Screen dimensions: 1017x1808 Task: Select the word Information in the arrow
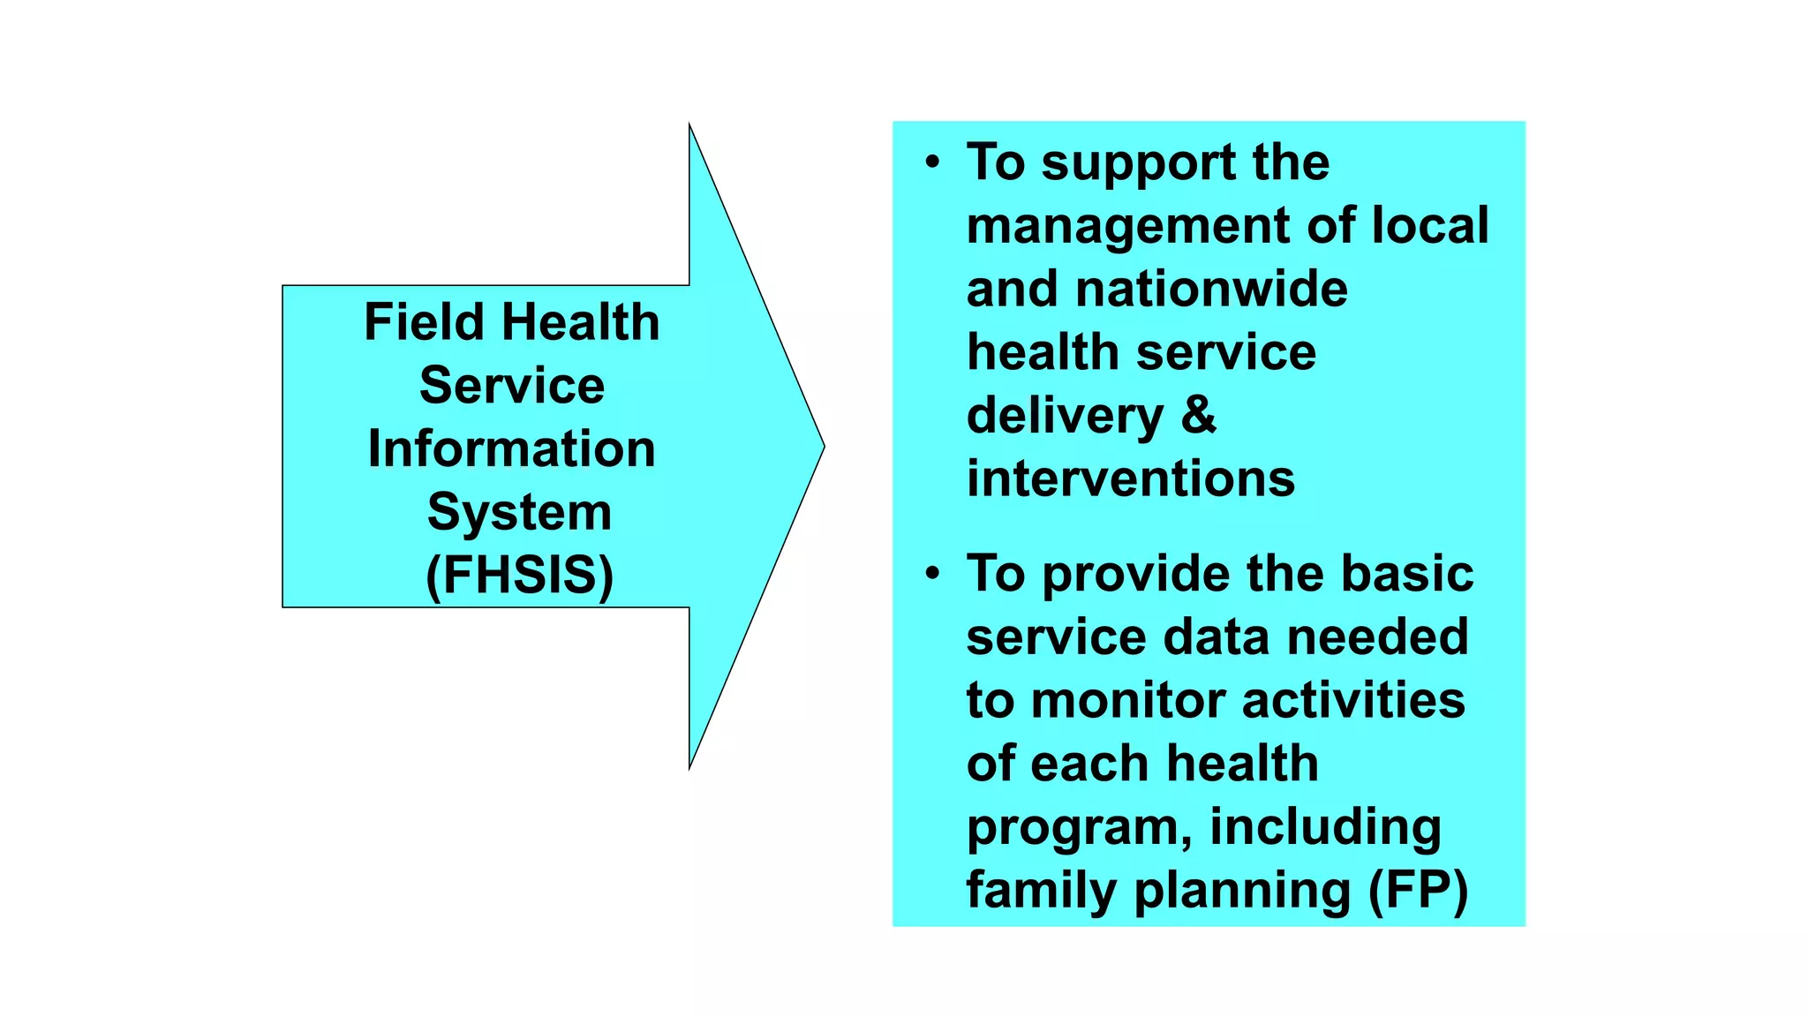click(511, 448)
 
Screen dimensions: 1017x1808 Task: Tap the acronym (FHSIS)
click(519, 576)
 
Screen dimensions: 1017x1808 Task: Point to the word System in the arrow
click(519, 512)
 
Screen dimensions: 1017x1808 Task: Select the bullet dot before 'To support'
click(932, 162)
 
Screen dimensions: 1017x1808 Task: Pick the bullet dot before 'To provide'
click(932, 574)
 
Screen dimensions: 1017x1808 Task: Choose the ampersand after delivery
click(1198, 415)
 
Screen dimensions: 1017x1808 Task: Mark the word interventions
click(1130, 478)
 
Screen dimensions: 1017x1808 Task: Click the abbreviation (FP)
click(1418, 890)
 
